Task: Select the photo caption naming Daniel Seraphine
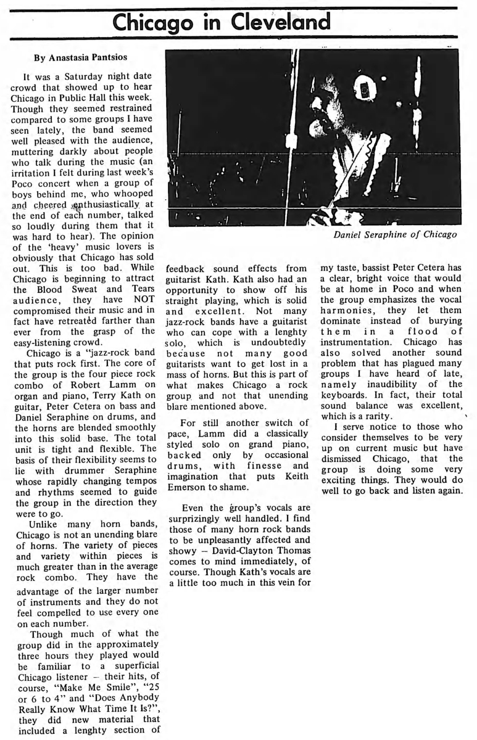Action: [394, 234]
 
